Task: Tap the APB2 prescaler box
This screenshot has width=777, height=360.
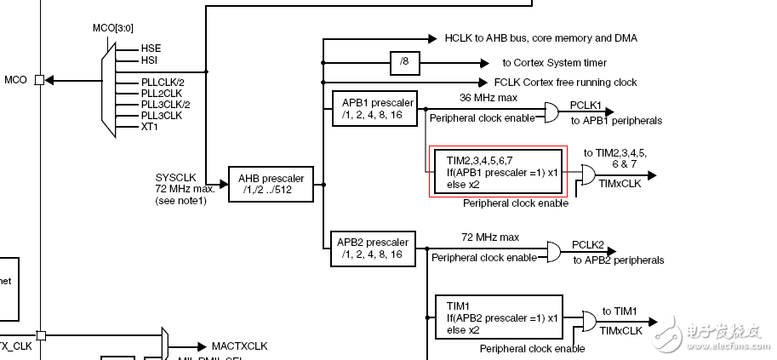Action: click(373, 249)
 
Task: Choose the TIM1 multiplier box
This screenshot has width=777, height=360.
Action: click(498, 317)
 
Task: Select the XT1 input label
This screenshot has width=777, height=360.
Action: click(150, 126)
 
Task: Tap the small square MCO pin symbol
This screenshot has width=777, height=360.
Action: click(39, 80)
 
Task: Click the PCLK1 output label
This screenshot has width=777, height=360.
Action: click(586, 106)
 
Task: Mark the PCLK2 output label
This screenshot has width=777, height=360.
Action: click(588, 244)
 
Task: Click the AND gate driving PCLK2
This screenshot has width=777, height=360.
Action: click(551, 252)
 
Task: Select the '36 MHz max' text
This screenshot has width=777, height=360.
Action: click(488, 97)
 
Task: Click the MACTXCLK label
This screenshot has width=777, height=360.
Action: click(238, 346)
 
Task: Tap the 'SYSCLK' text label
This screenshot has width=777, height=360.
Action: click(176, 177)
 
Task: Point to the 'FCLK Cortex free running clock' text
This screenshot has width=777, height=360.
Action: click(565, 83)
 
